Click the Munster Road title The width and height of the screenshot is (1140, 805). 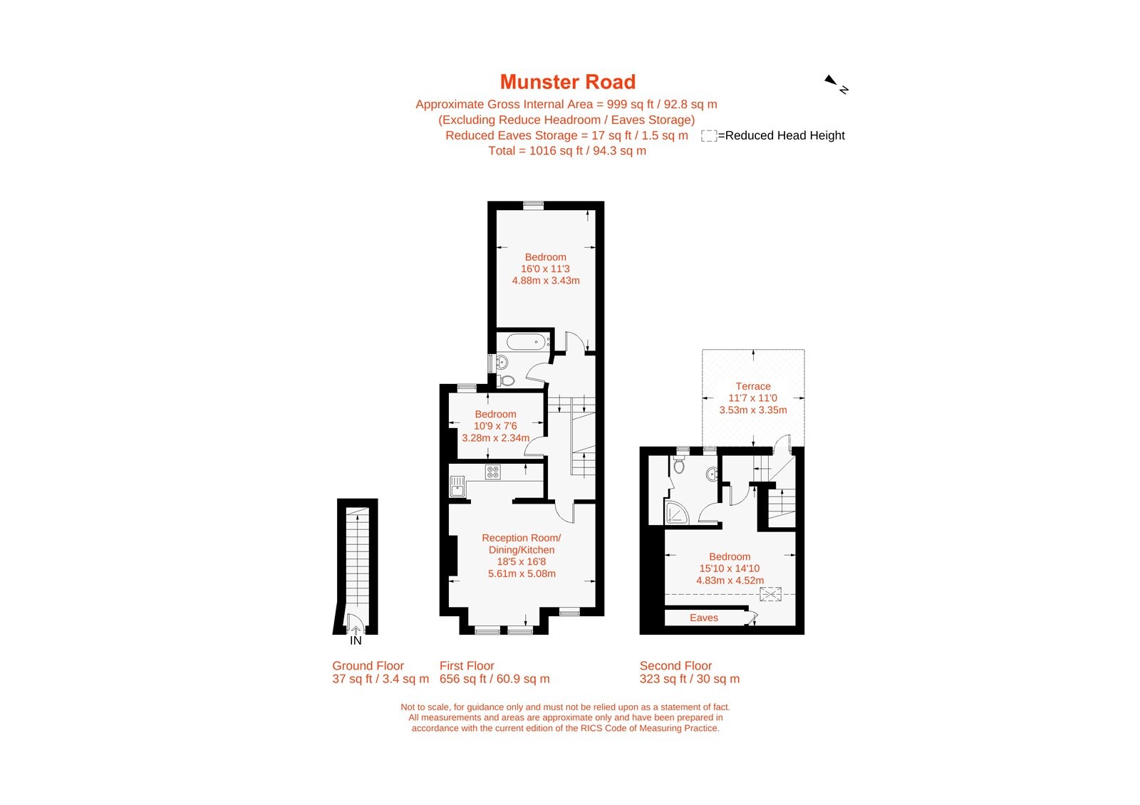567,82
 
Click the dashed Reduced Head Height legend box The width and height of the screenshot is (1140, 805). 708,135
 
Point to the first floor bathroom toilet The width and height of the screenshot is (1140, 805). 507,380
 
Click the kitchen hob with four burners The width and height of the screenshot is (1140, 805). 492,472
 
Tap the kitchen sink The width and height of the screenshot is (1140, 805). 457,487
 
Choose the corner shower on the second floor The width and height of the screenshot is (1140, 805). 676,512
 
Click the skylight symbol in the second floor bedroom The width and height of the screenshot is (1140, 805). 770,593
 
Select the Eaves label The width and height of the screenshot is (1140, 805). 703,618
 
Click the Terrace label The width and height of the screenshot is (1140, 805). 752,386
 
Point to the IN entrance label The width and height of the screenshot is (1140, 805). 356,640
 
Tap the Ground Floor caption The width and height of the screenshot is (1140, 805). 368,665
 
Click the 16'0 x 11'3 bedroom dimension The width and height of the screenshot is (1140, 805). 545,269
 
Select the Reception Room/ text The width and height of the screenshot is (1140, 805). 521,538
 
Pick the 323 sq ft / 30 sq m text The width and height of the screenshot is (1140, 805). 689,679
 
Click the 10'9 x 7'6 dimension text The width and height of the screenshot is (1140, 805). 495,426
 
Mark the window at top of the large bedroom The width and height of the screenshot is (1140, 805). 533,205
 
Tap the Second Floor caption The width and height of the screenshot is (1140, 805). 675,665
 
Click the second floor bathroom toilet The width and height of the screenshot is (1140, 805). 679,466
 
